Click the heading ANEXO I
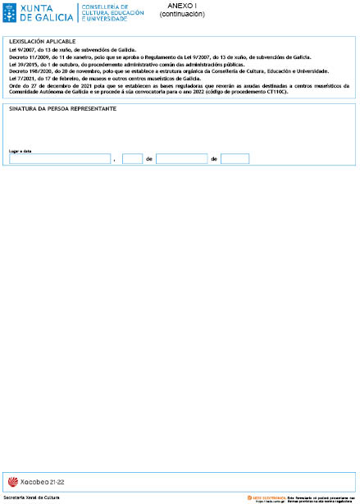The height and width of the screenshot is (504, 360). tap(182, 6)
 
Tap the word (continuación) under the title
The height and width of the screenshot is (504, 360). tap(182, 14)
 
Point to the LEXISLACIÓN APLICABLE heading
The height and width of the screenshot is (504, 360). tap(42, 41)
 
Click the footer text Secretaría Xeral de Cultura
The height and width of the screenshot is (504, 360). tap(32, 497)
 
